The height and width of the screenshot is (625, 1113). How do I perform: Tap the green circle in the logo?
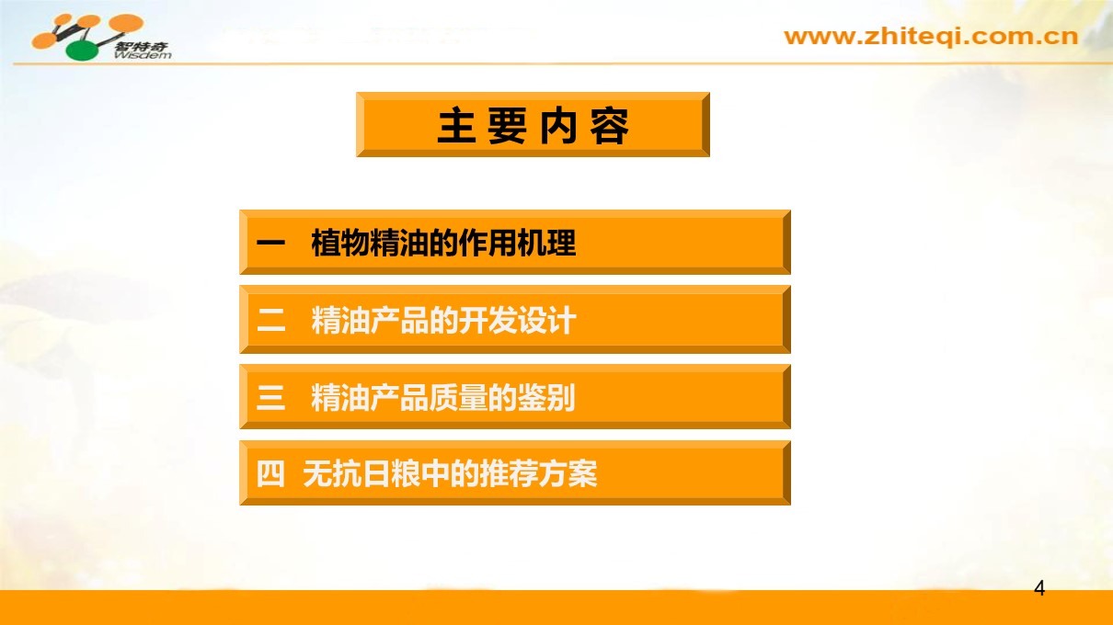click(83, 51)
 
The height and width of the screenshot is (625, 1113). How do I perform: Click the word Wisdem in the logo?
click(143, 54)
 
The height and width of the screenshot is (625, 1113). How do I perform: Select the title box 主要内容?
click(533, 125)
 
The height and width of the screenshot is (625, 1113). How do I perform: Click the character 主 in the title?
click(456, 126)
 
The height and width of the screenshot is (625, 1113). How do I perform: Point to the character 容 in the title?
click(610, 126)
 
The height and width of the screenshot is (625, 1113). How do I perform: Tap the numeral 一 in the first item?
click(270, 243)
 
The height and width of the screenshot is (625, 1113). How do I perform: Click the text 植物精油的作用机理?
click(443, 244)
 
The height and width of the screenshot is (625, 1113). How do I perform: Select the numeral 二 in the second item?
click(270, 320)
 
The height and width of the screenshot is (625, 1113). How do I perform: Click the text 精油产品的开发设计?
click(443, 320)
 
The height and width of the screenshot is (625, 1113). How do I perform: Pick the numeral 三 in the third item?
click(270, 398)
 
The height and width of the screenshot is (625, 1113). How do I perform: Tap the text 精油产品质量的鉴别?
click(442, 398)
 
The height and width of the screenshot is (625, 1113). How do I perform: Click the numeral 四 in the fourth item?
click(270, 473)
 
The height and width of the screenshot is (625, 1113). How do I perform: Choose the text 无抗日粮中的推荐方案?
click(450, 473)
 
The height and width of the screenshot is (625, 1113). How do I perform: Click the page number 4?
click(1039, 588)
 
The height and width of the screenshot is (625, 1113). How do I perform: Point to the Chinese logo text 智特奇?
click(142, 46)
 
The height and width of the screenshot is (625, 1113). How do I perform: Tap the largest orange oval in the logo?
click(126, 23)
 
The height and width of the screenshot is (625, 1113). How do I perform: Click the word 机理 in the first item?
click(546, 244)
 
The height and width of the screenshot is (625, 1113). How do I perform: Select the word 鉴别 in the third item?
click(546, 398)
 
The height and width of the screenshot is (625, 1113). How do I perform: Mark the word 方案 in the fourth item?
click(568, 473)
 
